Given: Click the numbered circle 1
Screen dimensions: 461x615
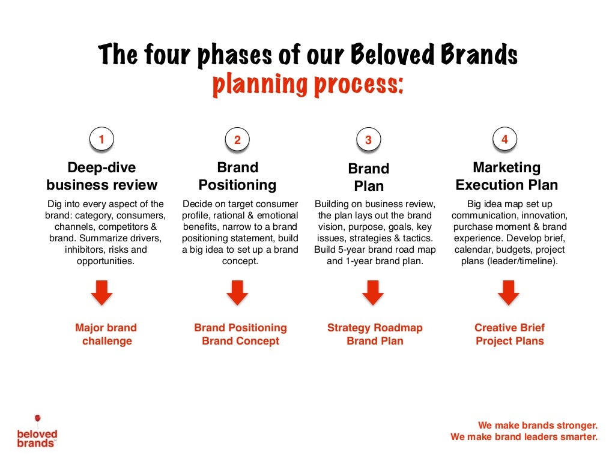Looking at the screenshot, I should (101, 139).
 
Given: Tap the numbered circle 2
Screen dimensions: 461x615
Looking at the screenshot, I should (237, 140).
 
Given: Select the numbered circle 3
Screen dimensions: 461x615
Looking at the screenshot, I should (368, 140).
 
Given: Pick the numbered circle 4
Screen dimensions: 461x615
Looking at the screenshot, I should (504, 139).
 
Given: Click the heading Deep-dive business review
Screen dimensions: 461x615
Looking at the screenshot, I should (101, 176).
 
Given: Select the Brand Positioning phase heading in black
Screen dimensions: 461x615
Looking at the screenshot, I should (237, 176).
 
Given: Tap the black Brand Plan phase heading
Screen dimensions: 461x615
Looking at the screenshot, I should (369, 177).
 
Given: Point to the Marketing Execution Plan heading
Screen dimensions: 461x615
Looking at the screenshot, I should (506, 176).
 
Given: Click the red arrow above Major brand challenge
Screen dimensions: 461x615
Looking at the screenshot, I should (101, 293).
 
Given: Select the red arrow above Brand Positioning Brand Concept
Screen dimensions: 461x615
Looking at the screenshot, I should (237, 293).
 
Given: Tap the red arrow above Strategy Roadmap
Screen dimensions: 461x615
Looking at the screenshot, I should (373, 293).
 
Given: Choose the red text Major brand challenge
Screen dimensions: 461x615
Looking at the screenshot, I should (106, 334).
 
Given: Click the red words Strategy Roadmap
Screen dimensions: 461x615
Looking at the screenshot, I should (375, 328).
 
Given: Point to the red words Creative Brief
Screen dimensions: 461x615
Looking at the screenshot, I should (509, 328).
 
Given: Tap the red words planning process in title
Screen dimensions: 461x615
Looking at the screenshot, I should (307, 85).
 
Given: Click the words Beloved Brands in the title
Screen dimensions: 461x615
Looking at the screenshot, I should (434, 55).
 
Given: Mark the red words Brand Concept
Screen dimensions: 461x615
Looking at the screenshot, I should (240, 341).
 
